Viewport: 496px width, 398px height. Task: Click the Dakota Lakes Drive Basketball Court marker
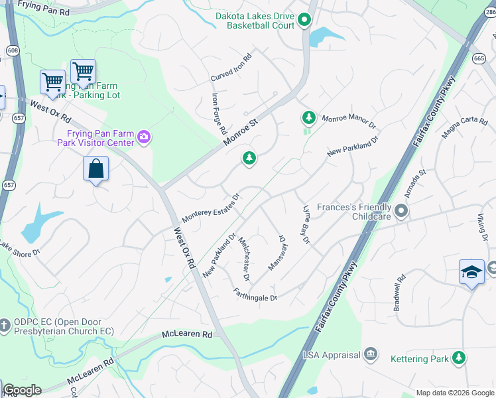point(304,21)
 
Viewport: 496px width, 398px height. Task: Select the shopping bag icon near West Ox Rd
point(96,168)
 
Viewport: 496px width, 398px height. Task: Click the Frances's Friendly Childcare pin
point(401,211)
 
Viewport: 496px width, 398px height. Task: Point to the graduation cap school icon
point(471,273)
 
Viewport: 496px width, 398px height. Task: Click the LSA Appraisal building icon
point(371,355)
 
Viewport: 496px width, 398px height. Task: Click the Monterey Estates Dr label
point(210,208)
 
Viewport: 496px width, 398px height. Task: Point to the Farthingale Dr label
point(255,294)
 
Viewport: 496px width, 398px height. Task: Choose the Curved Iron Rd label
point(232,68)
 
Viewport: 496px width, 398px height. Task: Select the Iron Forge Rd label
point(219,113)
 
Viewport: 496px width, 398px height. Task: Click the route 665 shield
point(479,58)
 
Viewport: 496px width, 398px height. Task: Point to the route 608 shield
point(12,50)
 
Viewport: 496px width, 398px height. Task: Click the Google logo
point(23,390)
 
